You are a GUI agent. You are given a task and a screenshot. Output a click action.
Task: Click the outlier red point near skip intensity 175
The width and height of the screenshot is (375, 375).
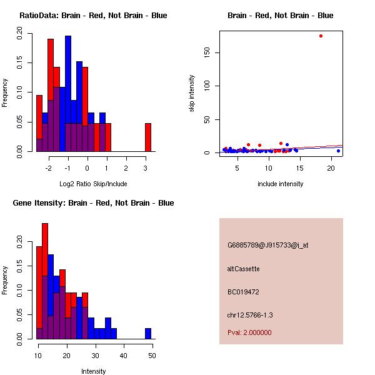[321, 36]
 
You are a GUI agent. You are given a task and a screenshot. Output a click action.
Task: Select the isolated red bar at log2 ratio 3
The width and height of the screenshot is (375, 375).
[148, 137]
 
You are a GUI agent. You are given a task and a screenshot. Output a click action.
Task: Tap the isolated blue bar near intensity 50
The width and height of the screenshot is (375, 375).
[148, 333]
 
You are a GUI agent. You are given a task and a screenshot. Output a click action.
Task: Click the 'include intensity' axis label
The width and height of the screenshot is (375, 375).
[280, 184]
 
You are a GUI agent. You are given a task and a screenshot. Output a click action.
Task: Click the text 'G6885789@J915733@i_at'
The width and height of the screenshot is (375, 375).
[267, 245]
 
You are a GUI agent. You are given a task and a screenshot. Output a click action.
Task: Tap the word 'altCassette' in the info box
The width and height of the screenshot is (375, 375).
[243, 269]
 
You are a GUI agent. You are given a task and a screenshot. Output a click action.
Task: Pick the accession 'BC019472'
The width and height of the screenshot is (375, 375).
[243, 292]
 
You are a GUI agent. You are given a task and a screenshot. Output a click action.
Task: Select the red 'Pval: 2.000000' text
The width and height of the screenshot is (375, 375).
[249, 332]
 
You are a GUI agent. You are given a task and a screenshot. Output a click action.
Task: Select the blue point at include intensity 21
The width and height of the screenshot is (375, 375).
[338, 151]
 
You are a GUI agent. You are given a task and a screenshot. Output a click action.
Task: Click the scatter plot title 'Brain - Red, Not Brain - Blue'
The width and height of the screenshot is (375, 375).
[280, 15]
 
